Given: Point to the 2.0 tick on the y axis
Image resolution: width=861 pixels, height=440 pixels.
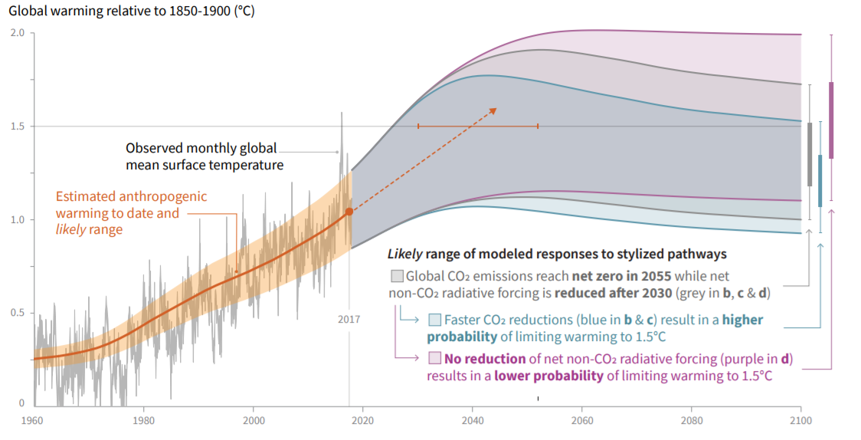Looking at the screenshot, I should click(18, 33).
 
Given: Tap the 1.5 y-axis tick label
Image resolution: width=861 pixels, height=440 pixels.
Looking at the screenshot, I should click(18, 126).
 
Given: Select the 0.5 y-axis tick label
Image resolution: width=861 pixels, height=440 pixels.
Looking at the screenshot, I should click(18, 313).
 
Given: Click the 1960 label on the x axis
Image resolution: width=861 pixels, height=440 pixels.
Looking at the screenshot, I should click(32, 420).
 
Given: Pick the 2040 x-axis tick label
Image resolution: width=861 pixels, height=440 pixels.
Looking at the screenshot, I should click(473, 420).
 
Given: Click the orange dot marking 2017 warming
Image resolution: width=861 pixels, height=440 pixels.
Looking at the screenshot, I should click(349, 212).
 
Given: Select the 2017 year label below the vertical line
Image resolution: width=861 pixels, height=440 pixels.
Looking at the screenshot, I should click(349, 319).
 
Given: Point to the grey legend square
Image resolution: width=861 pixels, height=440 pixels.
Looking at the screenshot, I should click(397, 276).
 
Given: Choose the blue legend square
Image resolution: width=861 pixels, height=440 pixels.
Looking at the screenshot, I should click(435, 320).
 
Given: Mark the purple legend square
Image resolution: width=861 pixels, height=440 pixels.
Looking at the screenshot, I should click(435, 358).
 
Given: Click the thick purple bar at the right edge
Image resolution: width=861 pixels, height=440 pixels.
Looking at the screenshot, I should click(832, 120).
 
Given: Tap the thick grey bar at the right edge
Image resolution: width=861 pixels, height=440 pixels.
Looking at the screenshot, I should click(810, 154).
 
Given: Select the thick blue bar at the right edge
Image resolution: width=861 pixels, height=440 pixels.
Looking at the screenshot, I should click(820, 181).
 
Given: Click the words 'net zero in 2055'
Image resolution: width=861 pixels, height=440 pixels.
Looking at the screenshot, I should click(622, 276).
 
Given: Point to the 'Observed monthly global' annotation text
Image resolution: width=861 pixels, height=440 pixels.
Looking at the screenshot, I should click(201, 149).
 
